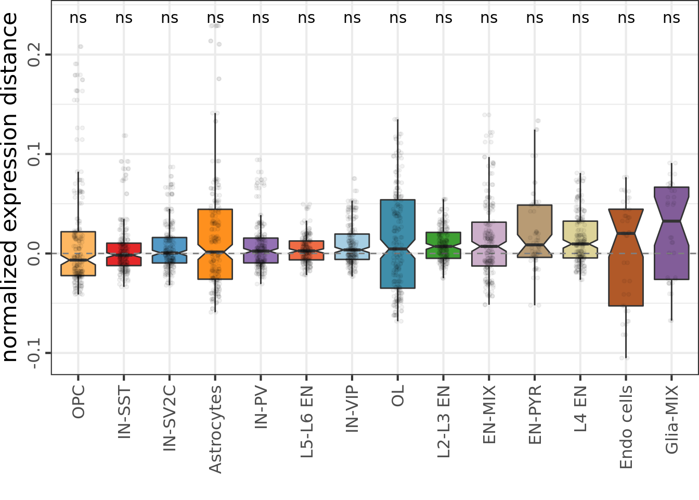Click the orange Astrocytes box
215,229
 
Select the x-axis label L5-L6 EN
307,421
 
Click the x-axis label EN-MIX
489,415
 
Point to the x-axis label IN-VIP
352,409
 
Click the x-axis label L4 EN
580,409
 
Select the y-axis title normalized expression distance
10,187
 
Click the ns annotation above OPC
78,18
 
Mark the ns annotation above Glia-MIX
671,18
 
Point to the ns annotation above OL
398,18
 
